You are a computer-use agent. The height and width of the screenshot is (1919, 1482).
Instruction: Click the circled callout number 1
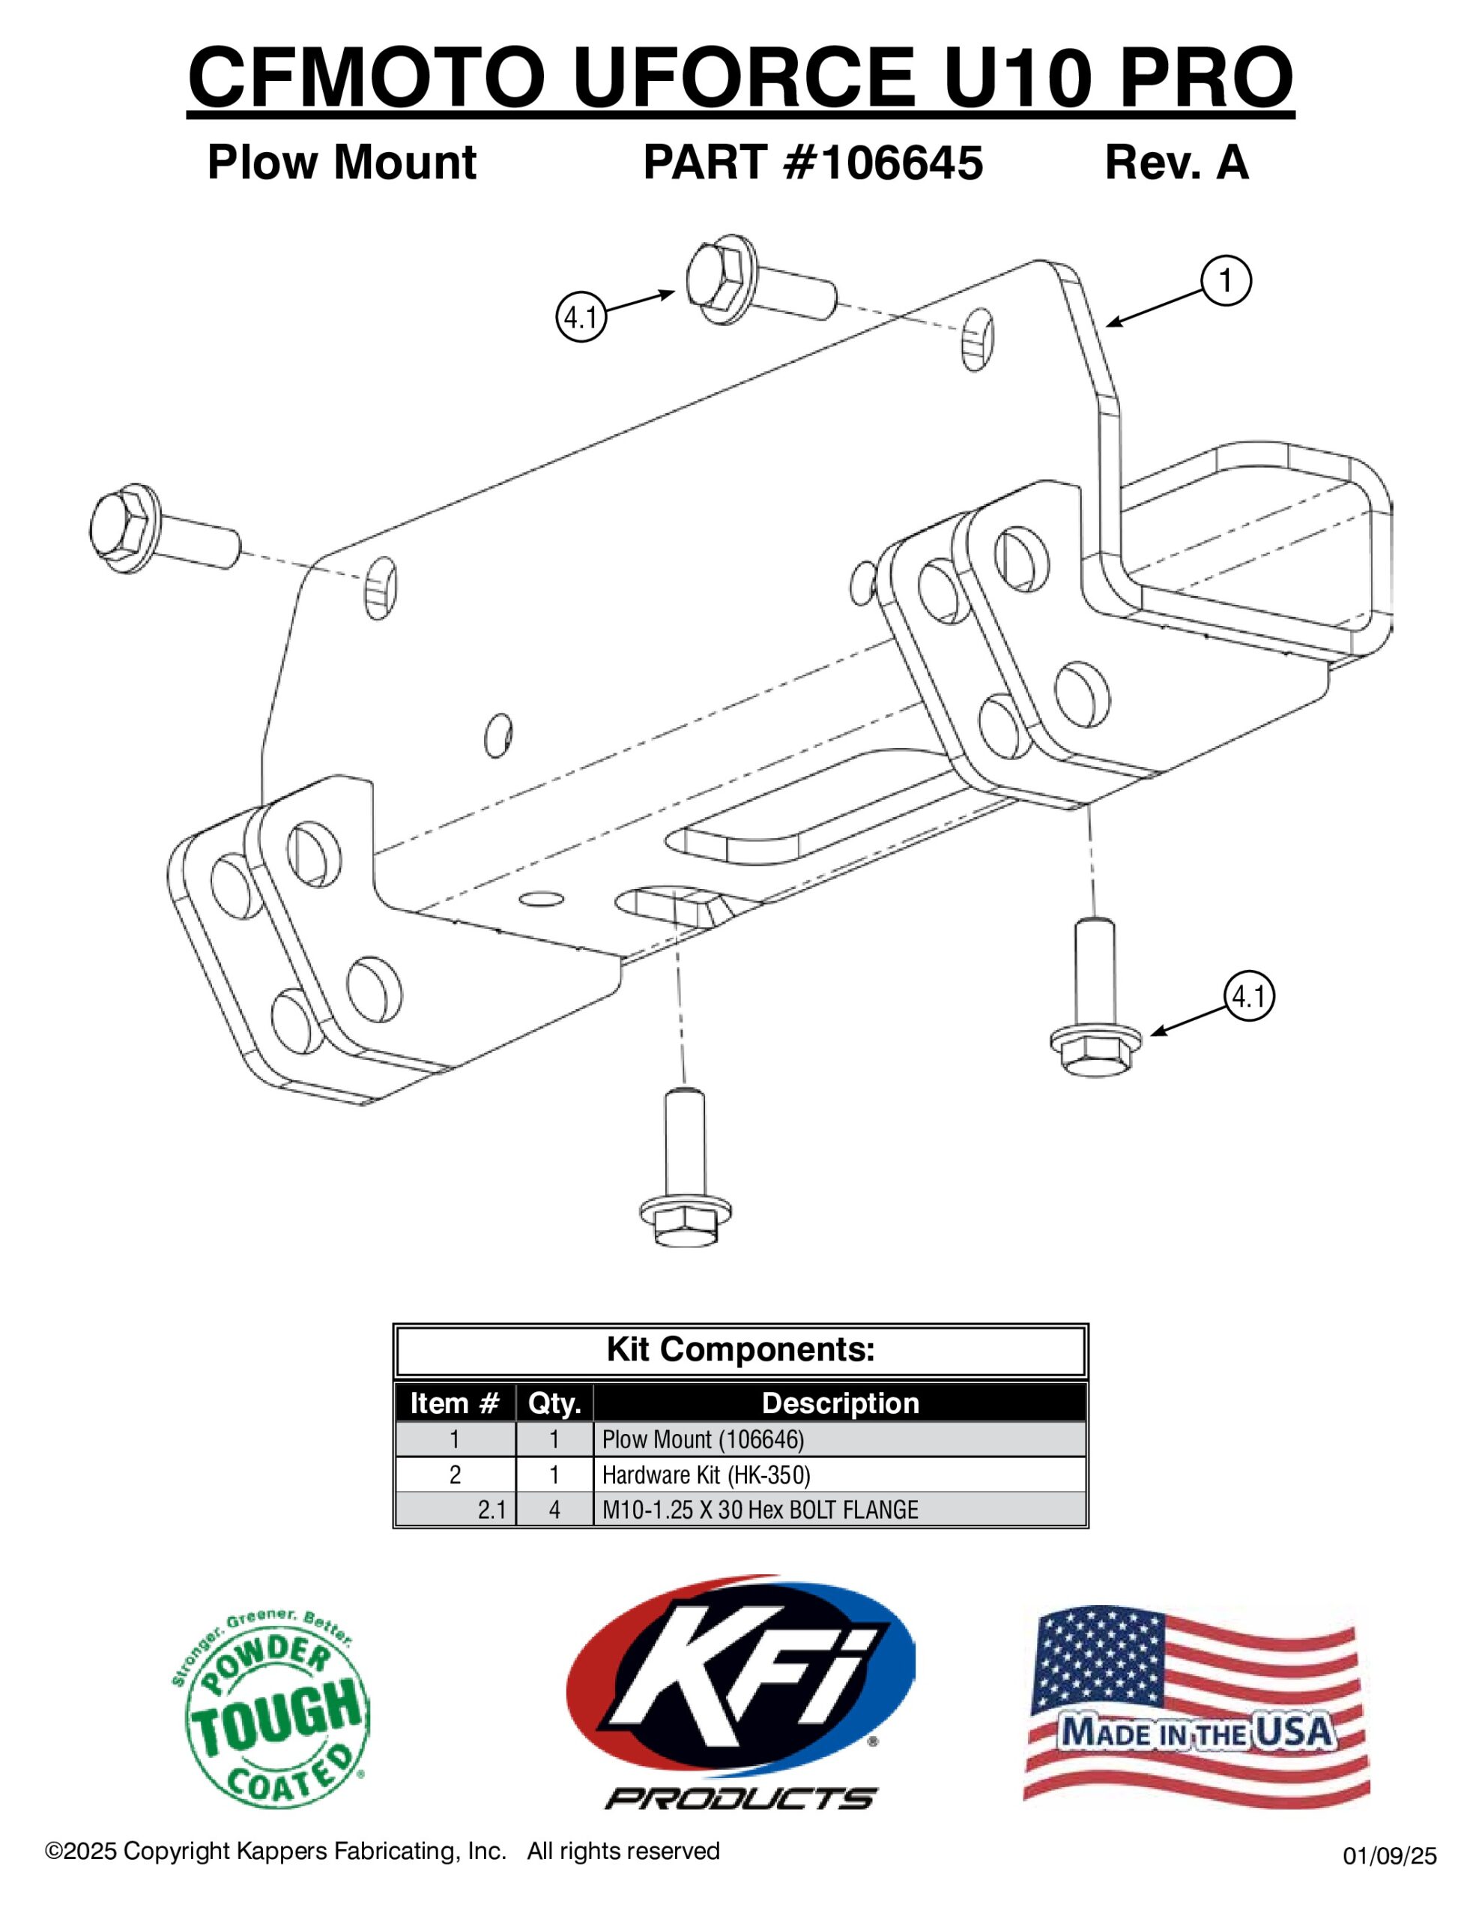click(1226, 280)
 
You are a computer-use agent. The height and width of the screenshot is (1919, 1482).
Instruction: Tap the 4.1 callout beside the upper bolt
click(581, 316)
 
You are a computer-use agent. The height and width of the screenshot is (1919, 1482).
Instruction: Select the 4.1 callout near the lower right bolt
click(1248, 995)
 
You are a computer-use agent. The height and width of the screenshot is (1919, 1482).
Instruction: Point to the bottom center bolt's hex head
click(686, 1220)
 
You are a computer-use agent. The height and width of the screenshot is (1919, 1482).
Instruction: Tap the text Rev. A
click(1176, 163)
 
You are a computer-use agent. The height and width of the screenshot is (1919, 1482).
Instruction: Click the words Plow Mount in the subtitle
click(342, 163)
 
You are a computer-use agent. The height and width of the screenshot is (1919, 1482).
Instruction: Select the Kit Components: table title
click(740, 1349)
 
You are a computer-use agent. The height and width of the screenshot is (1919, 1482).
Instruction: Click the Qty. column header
click(554, 1403)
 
